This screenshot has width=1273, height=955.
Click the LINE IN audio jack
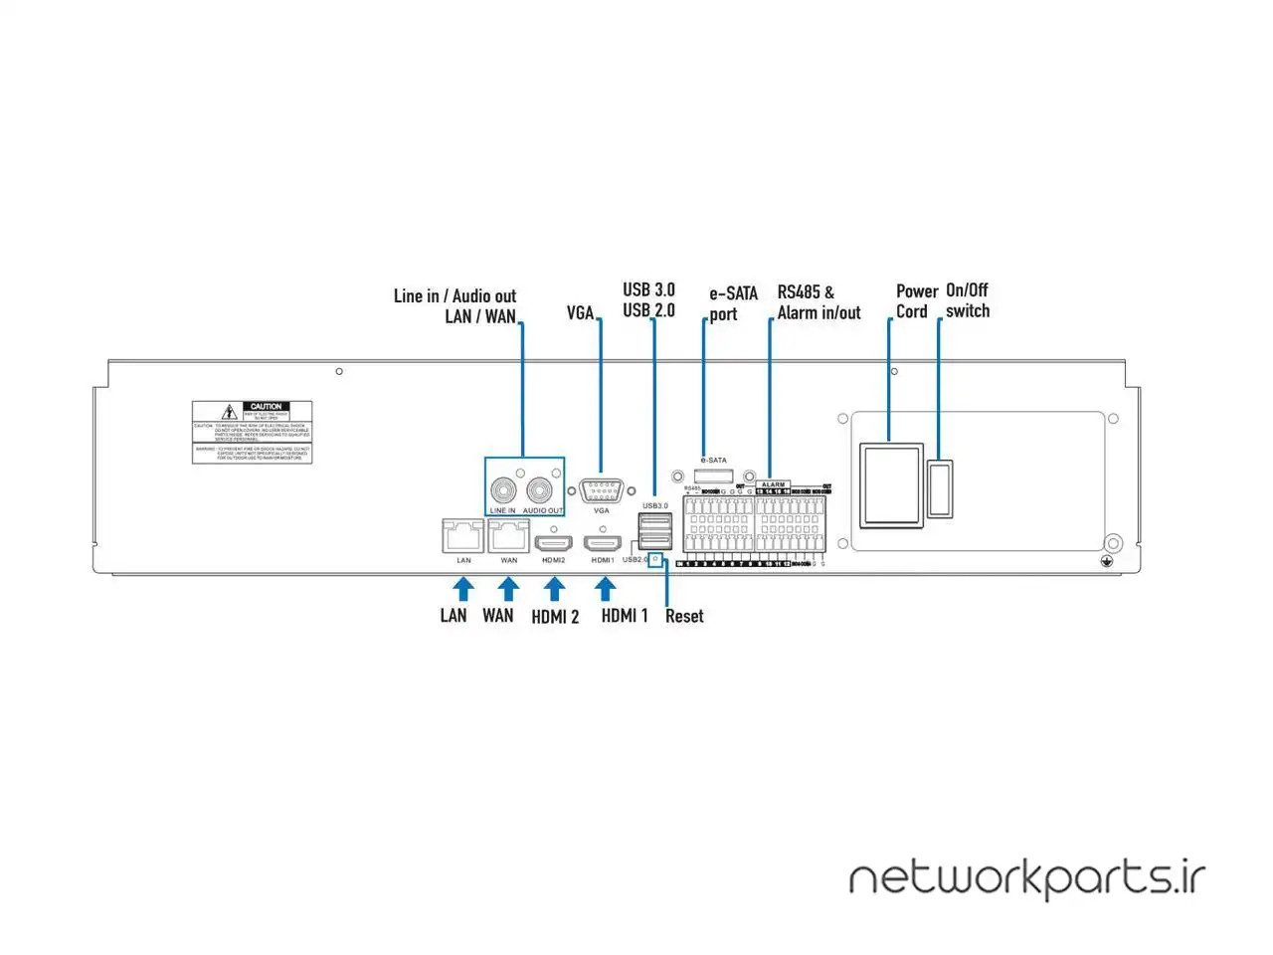pos(503,489)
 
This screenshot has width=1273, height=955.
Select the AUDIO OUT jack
pos(541,489)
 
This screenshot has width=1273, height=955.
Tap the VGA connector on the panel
pos(601,490)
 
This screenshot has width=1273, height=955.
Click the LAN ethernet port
pos(463,536)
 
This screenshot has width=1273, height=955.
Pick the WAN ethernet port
pos(508,536)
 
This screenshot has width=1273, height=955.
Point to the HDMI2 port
pos(554,544)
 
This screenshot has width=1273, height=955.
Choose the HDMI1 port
pos(603,544)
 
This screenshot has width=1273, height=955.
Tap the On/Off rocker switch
pos(940,488)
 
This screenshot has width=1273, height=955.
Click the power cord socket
pos(891,484)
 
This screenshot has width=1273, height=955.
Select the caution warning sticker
pos(252,432)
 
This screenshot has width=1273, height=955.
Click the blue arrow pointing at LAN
pos(463,589)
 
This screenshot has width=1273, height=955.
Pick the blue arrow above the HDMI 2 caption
pos(554,590)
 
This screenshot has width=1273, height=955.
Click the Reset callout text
pos(684,617)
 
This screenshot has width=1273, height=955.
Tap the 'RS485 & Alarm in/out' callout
pos(818,302)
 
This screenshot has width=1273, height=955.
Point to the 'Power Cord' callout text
pos(916,301)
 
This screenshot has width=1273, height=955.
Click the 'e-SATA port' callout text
pos(733,303)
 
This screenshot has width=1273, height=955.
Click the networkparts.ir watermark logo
pos(1026,878)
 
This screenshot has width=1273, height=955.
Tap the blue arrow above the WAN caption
pos(508,589)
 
